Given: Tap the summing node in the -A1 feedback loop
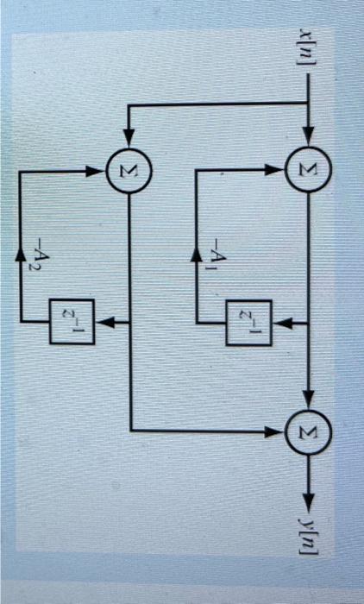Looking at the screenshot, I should pyautogui.click(x=308, y=166).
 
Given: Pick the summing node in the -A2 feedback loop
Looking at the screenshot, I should pyautogui.click(x=129, y=166).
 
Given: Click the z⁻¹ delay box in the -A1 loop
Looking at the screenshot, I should pyautogui.click(x=248, y=323).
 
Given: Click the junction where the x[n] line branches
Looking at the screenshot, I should pyautogui.click(x=308, y=105).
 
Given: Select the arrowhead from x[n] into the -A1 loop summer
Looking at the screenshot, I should pyautogui.click(x=308, y=140).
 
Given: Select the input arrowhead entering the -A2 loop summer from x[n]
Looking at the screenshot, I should pyautogui.click(x=129, y=140).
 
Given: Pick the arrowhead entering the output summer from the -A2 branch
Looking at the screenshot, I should pyautogui.click(x=281, y=429).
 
